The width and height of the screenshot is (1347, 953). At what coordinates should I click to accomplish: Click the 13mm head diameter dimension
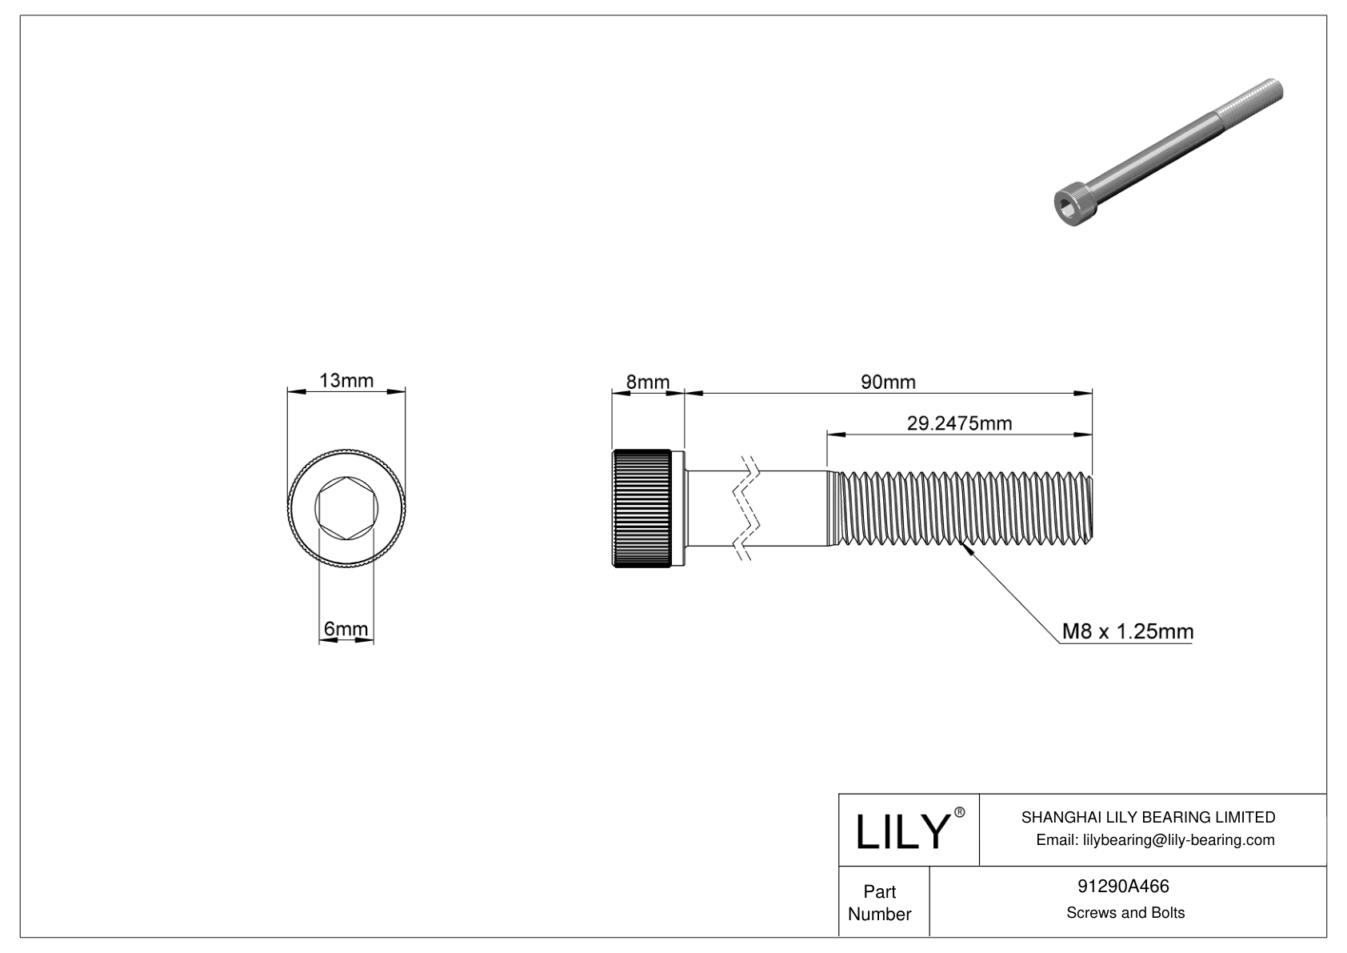point(346,380)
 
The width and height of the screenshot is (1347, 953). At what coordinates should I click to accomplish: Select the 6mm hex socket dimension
point(346,630)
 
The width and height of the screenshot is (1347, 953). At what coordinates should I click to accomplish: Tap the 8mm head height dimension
point(647,382)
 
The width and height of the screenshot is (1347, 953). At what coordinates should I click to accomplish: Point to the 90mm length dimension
point(888,382)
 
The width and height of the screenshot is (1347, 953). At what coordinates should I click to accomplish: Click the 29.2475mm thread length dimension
point(959,422)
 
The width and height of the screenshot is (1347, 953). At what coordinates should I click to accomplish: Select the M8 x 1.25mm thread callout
point(1127,631)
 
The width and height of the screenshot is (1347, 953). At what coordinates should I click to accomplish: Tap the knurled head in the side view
point(642,509)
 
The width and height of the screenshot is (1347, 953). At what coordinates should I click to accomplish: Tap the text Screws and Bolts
point(1125,912)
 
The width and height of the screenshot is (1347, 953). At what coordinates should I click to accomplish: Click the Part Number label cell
point(879,903)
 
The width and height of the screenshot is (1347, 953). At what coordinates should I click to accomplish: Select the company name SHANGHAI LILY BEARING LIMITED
point(1148,817)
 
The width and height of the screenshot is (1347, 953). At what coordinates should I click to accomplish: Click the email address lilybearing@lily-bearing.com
point(1155,839)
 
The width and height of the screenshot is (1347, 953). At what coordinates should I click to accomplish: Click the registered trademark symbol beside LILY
point(960,812)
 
